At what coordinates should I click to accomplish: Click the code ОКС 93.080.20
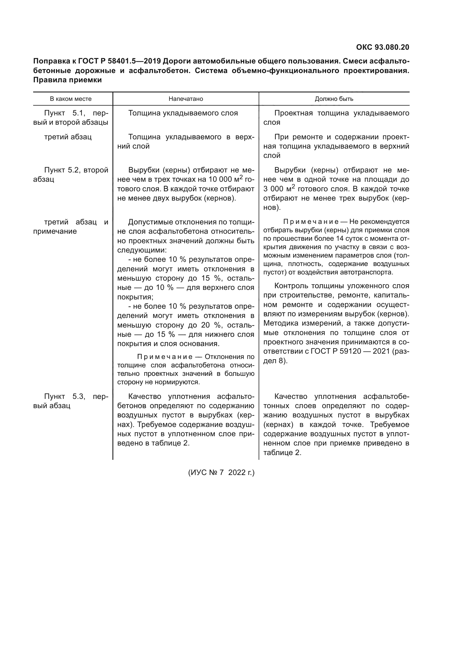383,47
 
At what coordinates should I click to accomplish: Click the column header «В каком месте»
71,99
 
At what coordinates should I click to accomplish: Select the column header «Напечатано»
186,99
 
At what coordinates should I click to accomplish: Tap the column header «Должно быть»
334,99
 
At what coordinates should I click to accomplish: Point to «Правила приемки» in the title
67,80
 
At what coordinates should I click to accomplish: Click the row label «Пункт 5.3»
65,397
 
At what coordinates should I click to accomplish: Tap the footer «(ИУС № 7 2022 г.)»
221,472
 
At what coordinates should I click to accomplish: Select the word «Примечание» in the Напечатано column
165,357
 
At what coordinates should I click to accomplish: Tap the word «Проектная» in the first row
293,113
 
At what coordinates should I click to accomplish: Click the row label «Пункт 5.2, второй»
76,170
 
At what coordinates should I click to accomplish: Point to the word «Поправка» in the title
50,61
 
